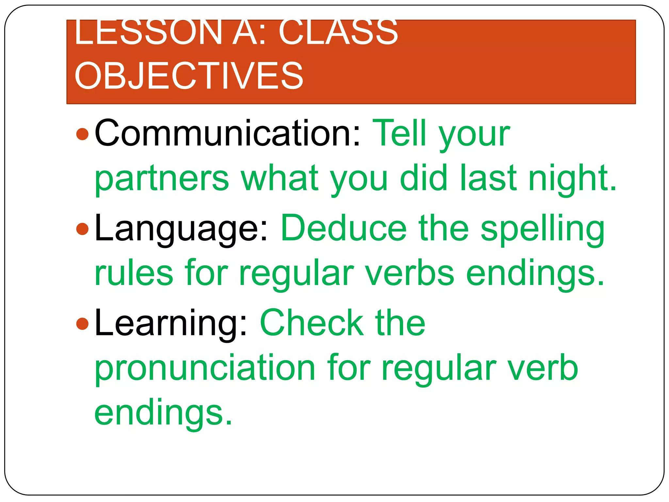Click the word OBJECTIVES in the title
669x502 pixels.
point(189,76)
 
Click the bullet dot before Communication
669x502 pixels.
point(82,134)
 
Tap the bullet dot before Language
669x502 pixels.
point(82,229)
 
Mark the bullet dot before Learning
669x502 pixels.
point(82,324)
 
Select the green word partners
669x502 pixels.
point(162,179)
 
